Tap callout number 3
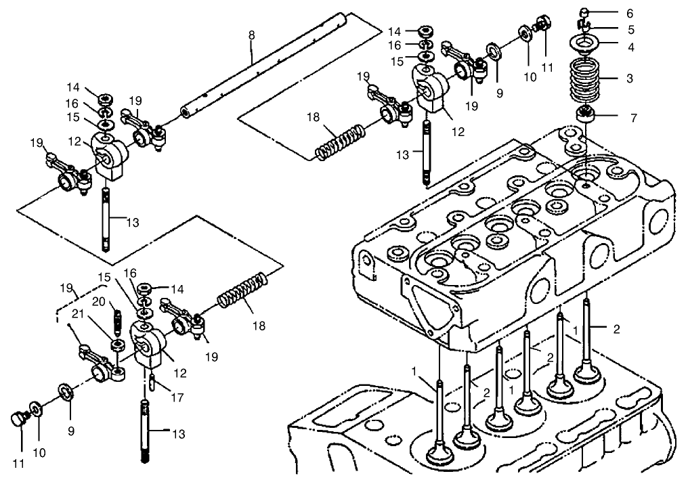tap(629, 79)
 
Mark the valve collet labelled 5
tap(586, 28)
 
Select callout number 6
tap(630, 13)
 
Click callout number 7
tap(633, 118)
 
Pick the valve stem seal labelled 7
tap(586, 114)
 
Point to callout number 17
tap(177, 398)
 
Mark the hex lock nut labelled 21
tap(117, 346)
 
